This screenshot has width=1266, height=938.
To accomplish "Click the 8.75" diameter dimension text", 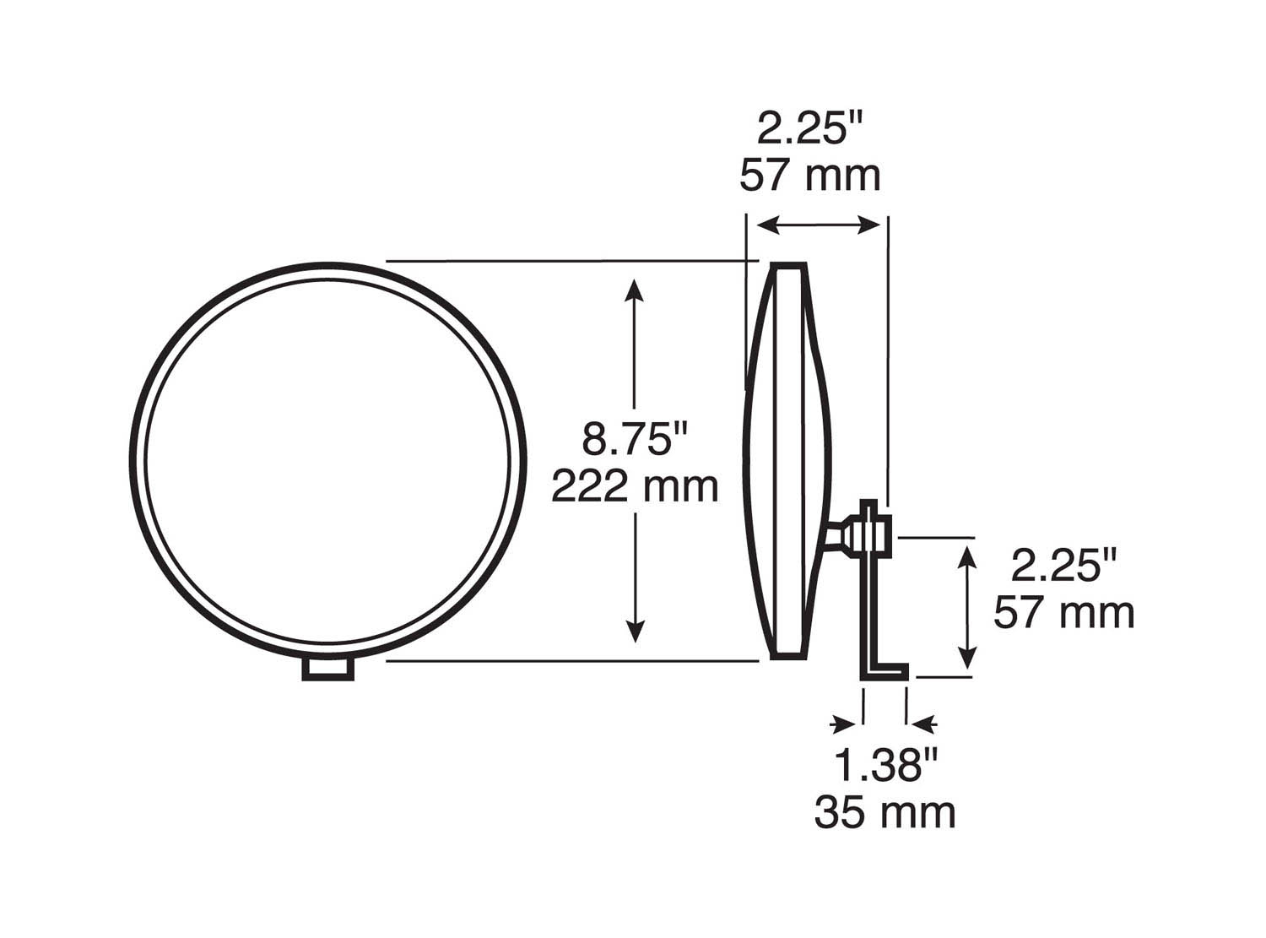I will click(x=635, y=440).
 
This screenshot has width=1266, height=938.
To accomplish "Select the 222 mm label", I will click(x=635, y=487).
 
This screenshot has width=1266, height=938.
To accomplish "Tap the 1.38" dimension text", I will click(x=885, y=766).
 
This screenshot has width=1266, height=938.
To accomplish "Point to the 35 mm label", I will click(x=885, y=813).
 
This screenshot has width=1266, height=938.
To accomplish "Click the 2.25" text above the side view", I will click(x=809, y=129).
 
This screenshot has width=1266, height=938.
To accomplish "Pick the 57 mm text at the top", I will click(x=809, y=176).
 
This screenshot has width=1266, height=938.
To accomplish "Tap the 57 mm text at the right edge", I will click(x=1064, y=613).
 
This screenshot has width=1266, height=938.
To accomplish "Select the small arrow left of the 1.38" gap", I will click(x=843, y=724).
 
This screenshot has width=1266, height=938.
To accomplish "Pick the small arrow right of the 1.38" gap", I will click(x=925, y=724).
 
